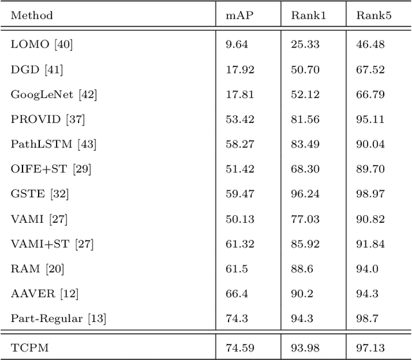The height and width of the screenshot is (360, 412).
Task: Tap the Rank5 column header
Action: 371,15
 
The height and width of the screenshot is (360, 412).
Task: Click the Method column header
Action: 32,15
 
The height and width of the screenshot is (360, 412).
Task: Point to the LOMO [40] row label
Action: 38,44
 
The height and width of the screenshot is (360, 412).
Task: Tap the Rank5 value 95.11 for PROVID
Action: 370,118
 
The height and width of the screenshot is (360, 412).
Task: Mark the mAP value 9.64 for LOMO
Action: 236,44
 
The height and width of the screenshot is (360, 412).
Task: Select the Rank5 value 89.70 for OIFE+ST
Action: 370,168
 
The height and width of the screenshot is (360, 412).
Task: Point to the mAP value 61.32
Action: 239,243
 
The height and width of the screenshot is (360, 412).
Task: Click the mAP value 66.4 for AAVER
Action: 236,293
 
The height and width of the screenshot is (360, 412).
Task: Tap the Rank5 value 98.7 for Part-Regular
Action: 367,317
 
